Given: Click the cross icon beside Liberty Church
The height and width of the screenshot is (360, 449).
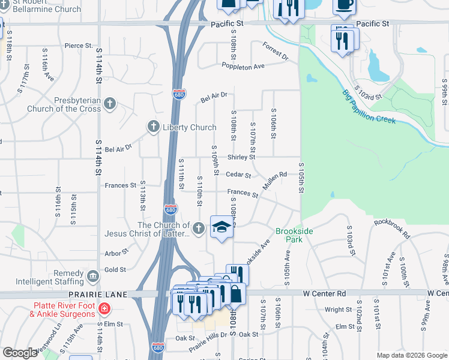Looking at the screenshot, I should click(154, 127).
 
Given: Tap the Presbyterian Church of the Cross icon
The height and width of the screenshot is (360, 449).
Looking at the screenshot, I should click(109, 104).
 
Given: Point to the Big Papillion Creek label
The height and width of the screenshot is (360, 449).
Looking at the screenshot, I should click(369, 107).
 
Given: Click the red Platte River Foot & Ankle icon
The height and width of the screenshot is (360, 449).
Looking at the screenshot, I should click(104, 309).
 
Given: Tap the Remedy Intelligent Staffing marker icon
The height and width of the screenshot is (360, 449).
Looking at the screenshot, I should click(93, 276).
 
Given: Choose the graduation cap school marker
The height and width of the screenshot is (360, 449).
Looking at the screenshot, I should click(221, 227).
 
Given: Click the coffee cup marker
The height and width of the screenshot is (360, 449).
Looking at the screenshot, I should click(345, 4).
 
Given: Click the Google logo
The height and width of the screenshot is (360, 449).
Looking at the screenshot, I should click(20, 353).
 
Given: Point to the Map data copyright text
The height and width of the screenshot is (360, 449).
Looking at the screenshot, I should click(411, 355).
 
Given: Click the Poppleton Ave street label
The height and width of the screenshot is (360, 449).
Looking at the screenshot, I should click(243, 65).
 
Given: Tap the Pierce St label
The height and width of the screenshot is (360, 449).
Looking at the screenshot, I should click(79, 46).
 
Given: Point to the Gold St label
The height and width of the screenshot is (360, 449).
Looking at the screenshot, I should click(115, 270).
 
